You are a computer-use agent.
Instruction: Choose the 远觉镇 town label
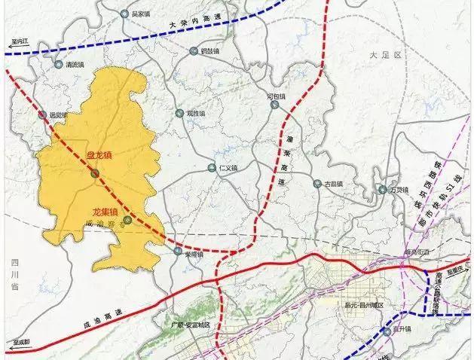click(57, 115)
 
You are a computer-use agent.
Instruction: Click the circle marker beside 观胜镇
click(179, 114)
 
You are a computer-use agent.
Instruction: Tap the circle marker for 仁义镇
click(211, 169)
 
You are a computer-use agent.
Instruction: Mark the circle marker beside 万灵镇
click(383, 190)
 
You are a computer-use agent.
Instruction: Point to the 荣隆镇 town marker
click(179, 254)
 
